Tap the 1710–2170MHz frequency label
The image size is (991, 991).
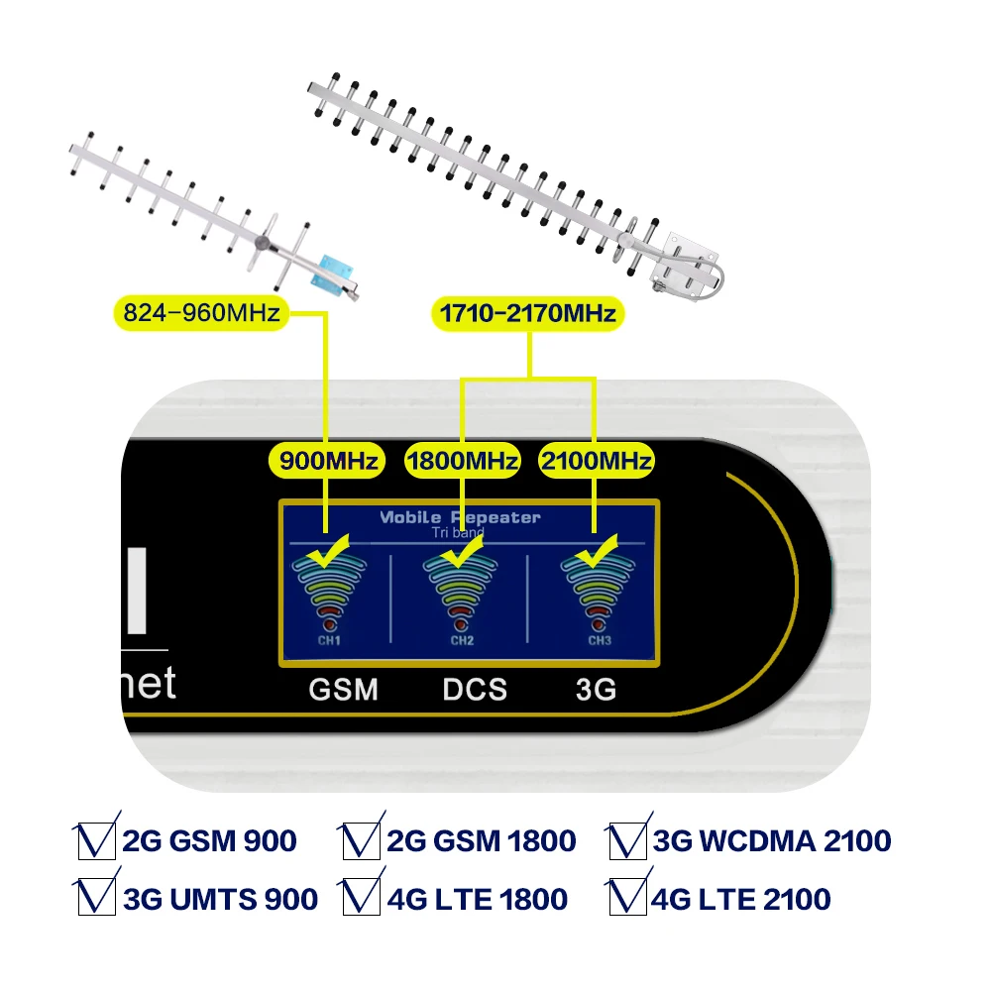(x=528, y=314)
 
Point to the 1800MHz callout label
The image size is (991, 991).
(x=463, y=461)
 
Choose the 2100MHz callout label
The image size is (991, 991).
(x=596, y=461)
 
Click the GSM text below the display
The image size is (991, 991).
(x=343, y=689)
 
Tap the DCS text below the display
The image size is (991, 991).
(x=475, y=689)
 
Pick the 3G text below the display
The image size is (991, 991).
(x=596, y=689)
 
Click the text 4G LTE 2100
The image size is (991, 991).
(x=741, y=899)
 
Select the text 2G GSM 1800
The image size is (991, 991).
(x=482, y=841)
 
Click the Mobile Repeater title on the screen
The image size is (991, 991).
(x=461, y=517)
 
